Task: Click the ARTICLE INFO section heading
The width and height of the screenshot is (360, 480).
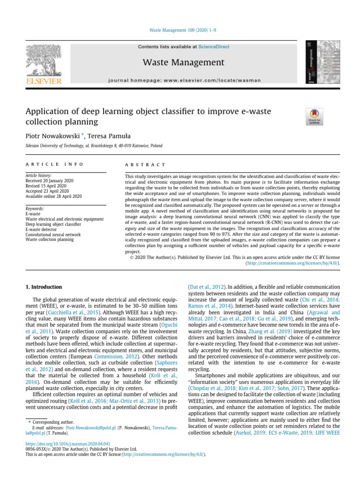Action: tap(54, 165)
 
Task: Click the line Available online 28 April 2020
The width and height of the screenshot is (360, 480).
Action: tap(53, 196)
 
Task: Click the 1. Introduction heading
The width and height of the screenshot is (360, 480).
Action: tap(43, 287)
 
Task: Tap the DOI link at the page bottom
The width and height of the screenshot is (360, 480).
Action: tap(67, 443)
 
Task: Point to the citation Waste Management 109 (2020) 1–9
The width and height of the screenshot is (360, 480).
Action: tap(182, 30)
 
